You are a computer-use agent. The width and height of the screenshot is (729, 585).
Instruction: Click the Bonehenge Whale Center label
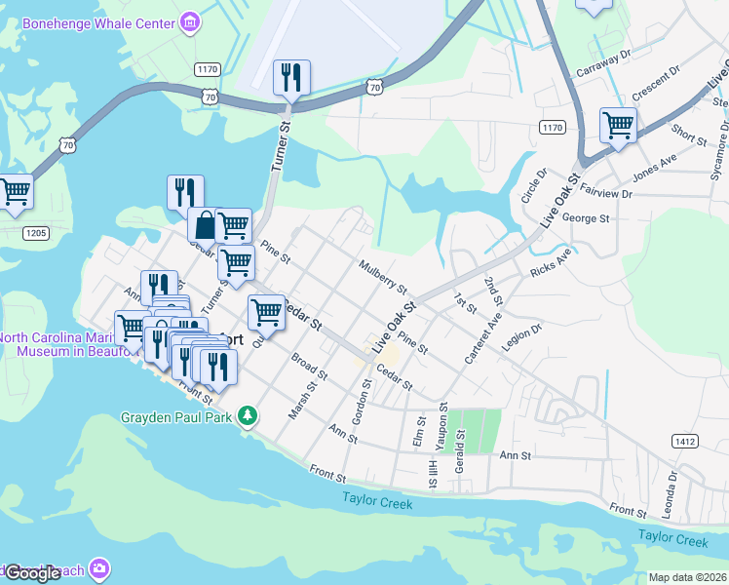point(99,21)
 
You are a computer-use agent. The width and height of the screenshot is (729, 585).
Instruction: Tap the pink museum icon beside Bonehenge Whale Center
point(191,20)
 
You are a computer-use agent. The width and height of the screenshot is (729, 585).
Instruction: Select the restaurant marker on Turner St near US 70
point(291,76)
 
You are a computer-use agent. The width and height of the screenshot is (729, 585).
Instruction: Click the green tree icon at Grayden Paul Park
point(249,416)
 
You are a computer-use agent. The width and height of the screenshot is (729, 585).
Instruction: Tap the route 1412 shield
point(684,442)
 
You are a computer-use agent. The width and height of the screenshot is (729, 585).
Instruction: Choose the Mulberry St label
point(382,275)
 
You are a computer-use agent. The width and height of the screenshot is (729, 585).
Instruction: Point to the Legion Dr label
point(520,337)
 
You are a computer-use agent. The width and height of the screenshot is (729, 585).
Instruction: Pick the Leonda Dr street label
point(672,495)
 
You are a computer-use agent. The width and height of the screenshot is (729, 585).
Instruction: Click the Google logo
point(32,573)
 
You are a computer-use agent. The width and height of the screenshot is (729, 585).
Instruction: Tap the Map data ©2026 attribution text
point(687,577)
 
